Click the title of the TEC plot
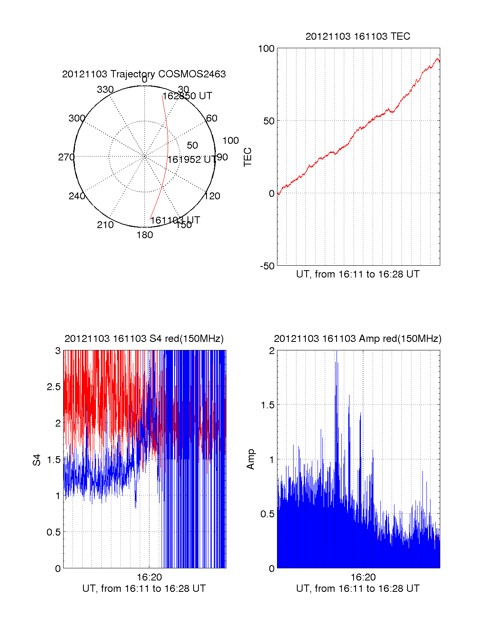click(x=358, y=36)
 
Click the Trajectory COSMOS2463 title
click(x=144, y=74)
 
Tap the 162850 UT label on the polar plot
click(x=187, y=96)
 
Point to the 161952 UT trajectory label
click(x=192, y=160)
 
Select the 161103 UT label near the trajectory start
click(x=175, y=220)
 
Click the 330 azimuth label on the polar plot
click(x=105, y=90)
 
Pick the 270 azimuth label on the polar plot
click(x=66, y=157)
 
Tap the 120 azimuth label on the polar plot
click(x=212, y=196)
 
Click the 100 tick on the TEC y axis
click(x=266, y=49)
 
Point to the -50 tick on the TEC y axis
click(x=267, y=266)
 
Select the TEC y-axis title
click(x=247, y=157)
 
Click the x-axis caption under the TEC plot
click(x=358, y=274)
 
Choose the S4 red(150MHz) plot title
click(x=144, y=339)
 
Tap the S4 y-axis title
click(x=37, y=460)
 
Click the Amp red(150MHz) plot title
click(x=358, y=339)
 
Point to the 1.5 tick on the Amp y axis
click(x=267, y=405)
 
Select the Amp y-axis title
click(x=251, y=459)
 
